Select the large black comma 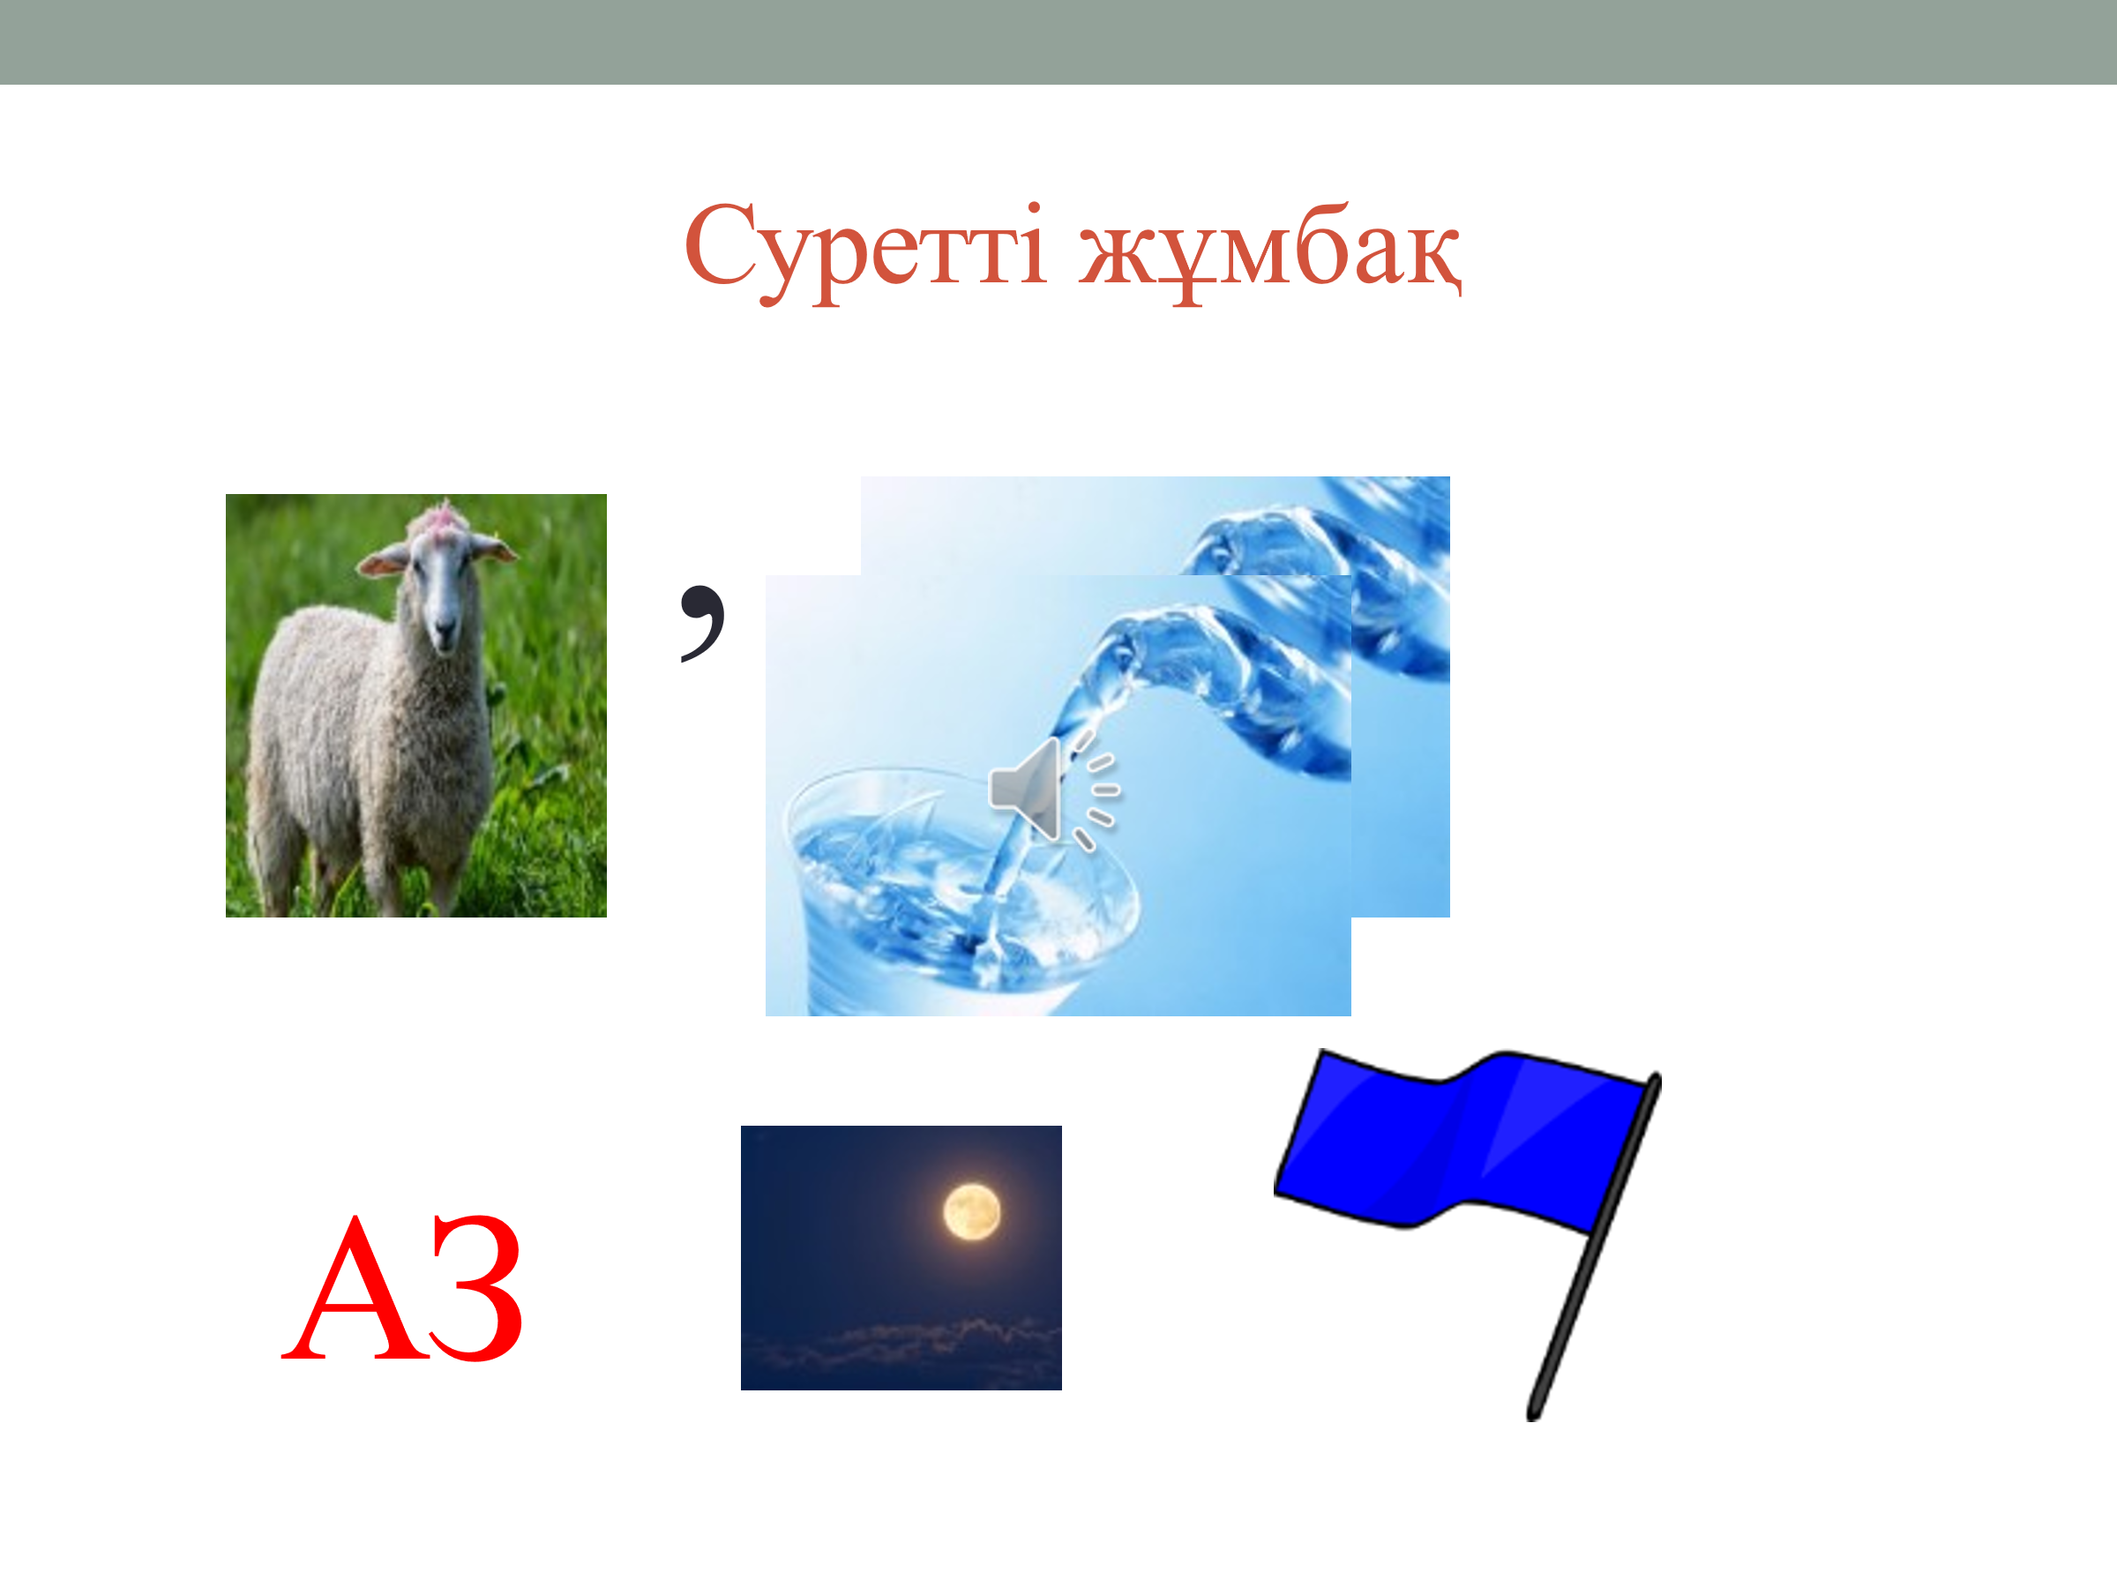click(x=702, y=622)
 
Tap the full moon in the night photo click(x=971, y=1212)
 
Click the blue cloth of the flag click(x=1460, y=1139)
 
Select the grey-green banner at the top click(x=1058, y=42)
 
